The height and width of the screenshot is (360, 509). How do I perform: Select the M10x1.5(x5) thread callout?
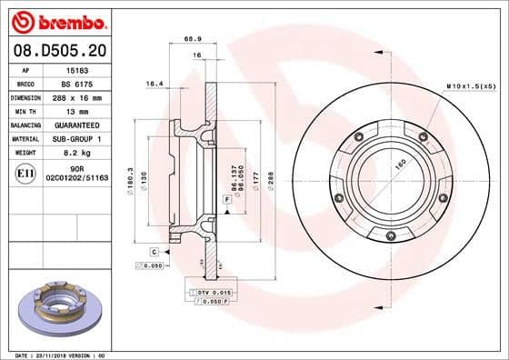(x=471, y=85)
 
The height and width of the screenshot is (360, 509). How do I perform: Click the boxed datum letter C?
(x=154, y=250)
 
